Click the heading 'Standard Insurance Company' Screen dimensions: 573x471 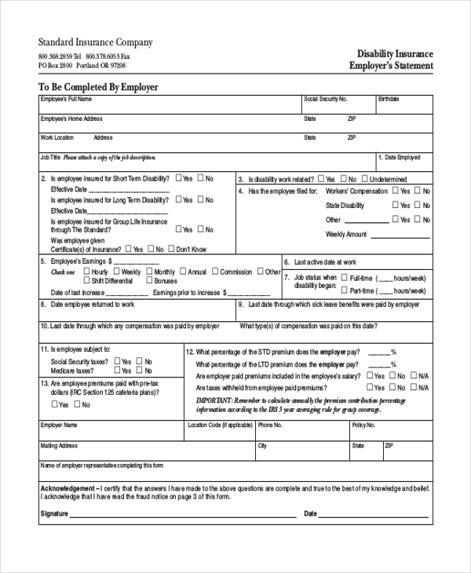click(x=95, y=42)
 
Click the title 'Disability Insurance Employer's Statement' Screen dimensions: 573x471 click(x=391, y=60)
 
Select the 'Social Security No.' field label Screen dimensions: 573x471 click(x=325, y=100)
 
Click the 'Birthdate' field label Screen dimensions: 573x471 click(x=389, y=100)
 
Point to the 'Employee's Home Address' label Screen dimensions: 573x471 click(x=71, y=119)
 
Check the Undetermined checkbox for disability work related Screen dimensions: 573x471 click(x=364, y=179)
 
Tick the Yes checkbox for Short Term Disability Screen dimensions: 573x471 click(x=180, y=178)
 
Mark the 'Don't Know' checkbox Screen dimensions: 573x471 click(x=170, y=249)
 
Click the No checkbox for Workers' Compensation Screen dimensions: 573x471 click(x=416, y=191)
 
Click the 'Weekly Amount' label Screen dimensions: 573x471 click(x=346, y=234)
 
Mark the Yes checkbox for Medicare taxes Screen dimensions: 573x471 click(x=118, y=370)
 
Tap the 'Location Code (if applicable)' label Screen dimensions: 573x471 click(x=220, y=425)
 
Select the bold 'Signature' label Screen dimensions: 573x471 click(x=53, y=514)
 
